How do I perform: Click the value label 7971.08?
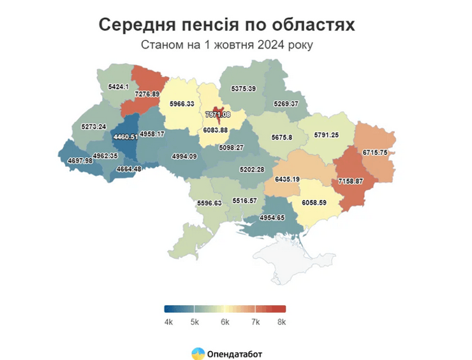(218, 115)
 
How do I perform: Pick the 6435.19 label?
(287, 180)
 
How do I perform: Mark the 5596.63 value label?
(209, 203)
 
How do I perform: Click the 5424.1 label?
(119, 86)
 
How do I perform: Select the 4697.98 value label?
(80, 161)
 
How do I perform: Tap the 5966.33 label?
(182, 103)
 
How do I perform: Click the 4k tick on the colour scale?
(168, 322)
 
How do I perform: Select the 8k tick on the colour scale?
(281, 322)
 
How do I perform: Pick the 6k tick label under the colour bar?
(225, 322)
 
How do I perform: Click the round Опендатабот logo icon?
(198, 353)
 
